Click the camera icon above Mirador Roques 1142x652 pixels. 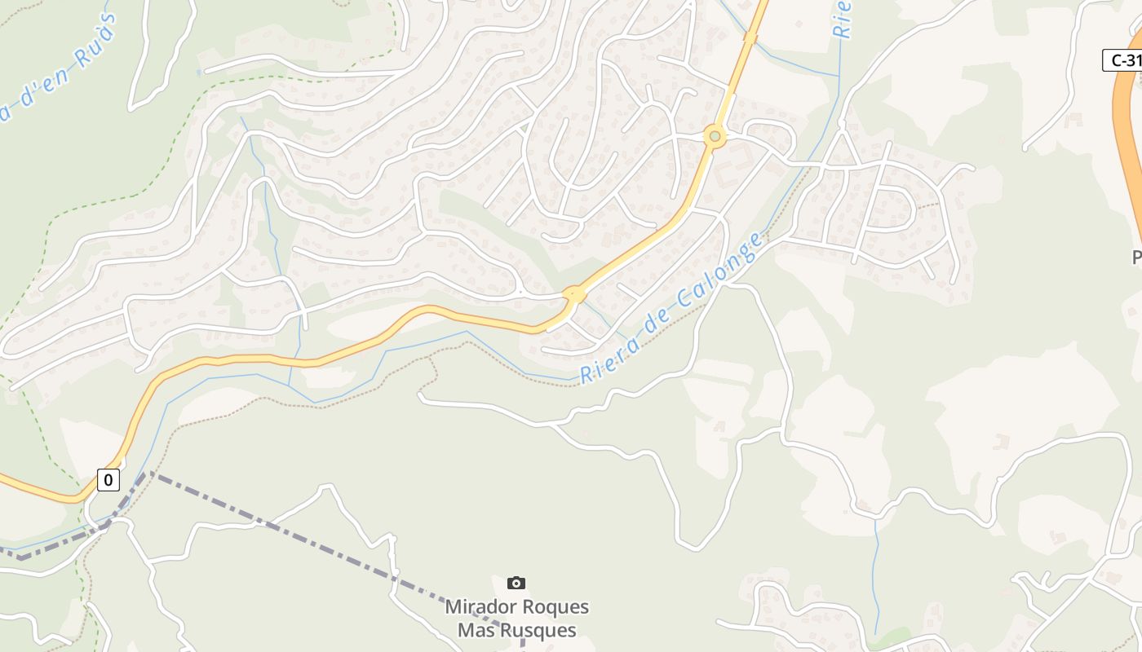516,583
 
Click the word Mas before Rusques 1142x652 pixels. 474,630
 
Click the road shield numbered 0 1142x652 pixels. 108,480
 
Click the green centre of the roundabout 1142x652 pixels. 715,137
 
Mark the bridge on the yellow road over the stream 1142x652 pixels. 750,37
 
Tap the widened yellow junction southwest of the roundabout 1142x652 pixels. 574,294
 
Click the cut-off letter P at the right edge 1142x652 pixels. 1136,258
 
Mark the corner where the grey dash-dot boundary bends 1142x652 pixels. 148,473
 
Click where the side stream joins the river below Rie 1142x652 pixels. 839,78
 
